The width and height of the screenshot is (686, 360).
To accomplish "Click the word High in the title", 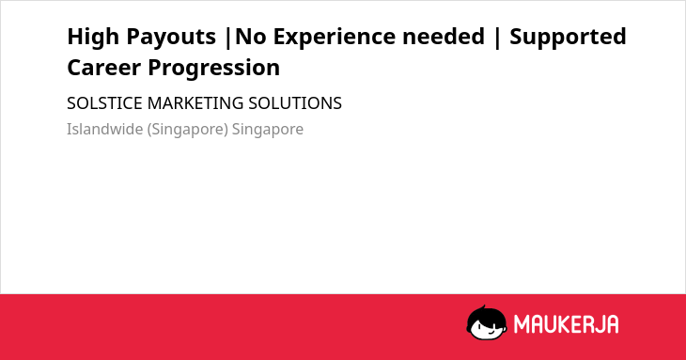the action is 93,37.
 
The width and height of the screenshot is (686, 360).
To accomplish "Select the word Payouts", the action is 171,37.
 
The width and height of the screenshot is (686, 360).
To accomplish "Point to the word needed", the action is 444,36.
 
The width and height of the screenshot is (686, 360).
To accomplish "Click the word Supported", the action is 568,37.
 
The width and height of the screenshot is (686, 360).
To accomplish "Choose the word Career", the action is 103,68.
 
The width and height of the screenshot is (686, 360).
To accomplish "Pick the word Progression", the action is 214,69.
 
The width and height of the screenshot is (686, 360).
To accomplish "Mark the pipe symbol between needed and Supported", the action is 497,37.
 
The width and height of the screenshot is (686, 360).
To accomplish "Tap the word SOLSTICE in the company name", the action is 104,103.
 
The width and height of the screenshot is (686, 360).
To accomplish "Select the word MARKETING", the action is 195,103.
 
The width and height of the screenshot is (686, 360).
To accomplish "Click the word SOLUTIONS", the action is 295,103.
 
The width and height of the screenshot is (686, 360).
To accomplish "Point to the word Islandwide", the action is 104,129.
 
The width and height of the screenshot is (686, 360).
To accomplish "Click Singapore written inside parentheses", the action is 188,130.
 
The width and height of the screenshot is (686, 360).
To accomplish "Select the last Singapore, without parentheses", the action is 267,130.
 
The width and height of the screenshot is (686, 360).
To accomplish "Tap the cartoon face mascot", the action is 487,322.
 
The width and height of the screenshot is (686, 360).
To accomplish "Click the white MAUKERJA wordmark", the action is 566,324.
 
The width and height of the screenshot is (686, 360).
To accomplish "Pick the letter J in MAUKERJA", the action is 600,324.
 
